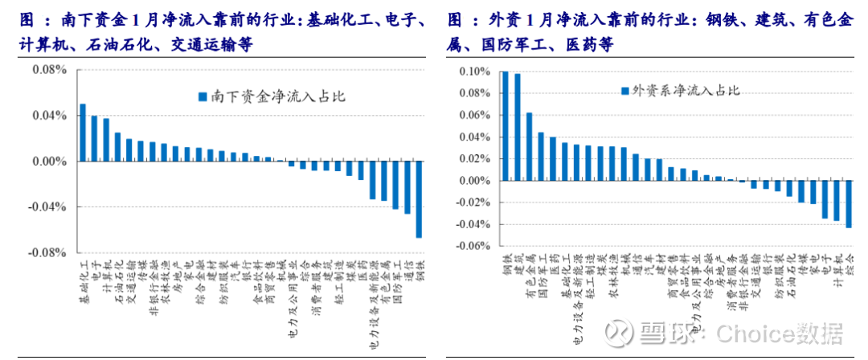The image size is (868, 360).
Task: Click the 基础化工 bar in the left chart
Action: point(83,133)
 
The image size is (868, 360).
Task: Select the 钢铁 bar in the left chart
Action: point(419,199)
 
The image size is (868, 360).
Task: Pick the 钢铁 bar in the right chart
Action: point(505,126)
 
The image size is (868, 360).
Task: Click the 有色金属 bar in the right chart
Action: point(529,147)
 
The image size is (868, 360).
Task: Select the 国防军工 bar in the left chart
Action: point(395,186)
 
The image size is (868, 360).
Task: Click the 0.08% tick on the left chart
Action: point(50,70)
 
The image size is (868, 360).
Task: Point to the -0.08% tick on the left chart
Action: point(48,254)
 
